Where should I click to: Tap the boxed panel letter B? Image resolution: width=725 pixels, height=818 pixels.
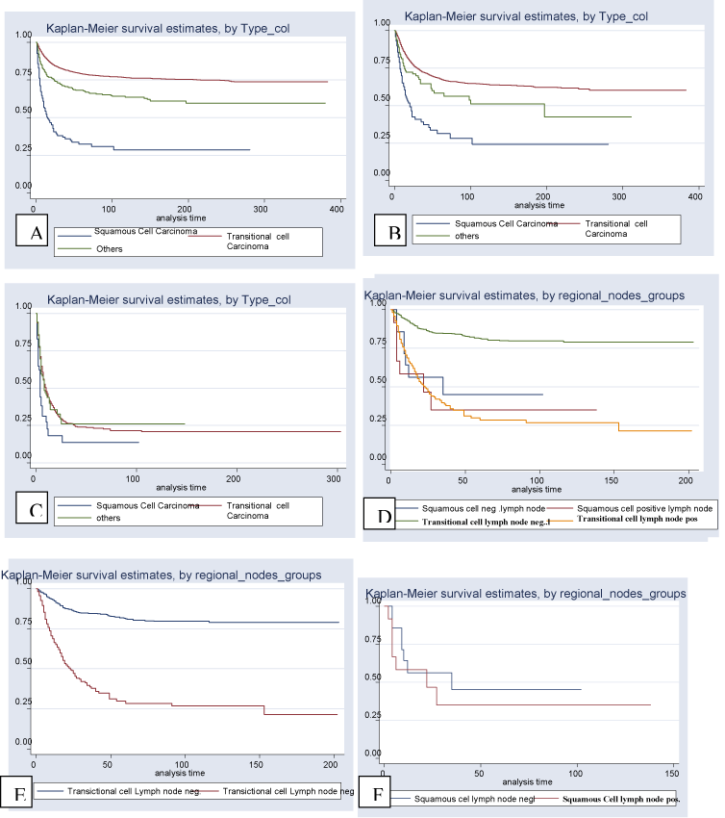[x=392, y=232]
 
